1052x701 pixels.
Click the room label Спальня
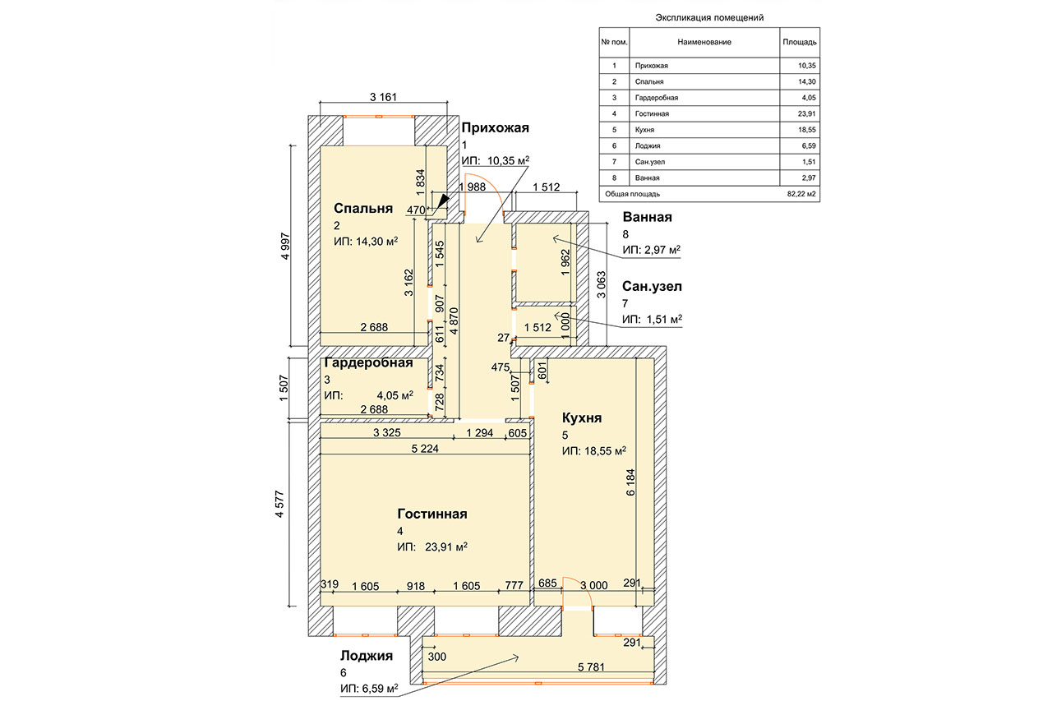coord(363,209)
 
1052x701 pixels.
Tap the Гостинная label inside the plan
coord(432,514)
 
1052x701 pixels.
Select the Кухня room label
coord(582,417)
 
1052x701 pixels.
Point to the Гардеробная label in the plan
coord(369,363)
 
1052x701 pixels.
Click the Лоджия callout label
coord(367,656)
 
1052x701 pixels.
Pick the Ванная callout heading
coord(647,217)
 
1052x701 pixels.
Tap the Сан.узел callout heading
coord(652,286)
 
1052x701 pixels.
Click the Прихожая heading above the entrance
coord(495,127)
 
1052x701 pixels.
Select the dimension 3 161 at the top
coord(383,97)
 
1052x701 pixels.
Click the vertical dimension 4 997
coord(285,246)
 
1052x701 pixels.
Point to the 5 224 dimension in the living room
coord(425,449)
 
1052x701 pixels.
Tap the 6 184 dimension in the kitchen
coord(630,482)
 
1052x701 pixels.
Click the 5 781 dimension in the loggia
coord(591,666)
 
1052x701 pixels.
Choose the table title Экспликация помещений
coord(709,18)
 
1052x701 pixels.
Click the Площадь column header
coord(800,42)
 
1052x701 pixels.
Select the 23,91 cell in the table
coord(807,113)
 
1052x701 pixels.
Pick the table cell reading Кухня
coord(644,130)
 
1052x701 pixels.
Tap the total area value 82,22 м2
coord(801,194)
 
